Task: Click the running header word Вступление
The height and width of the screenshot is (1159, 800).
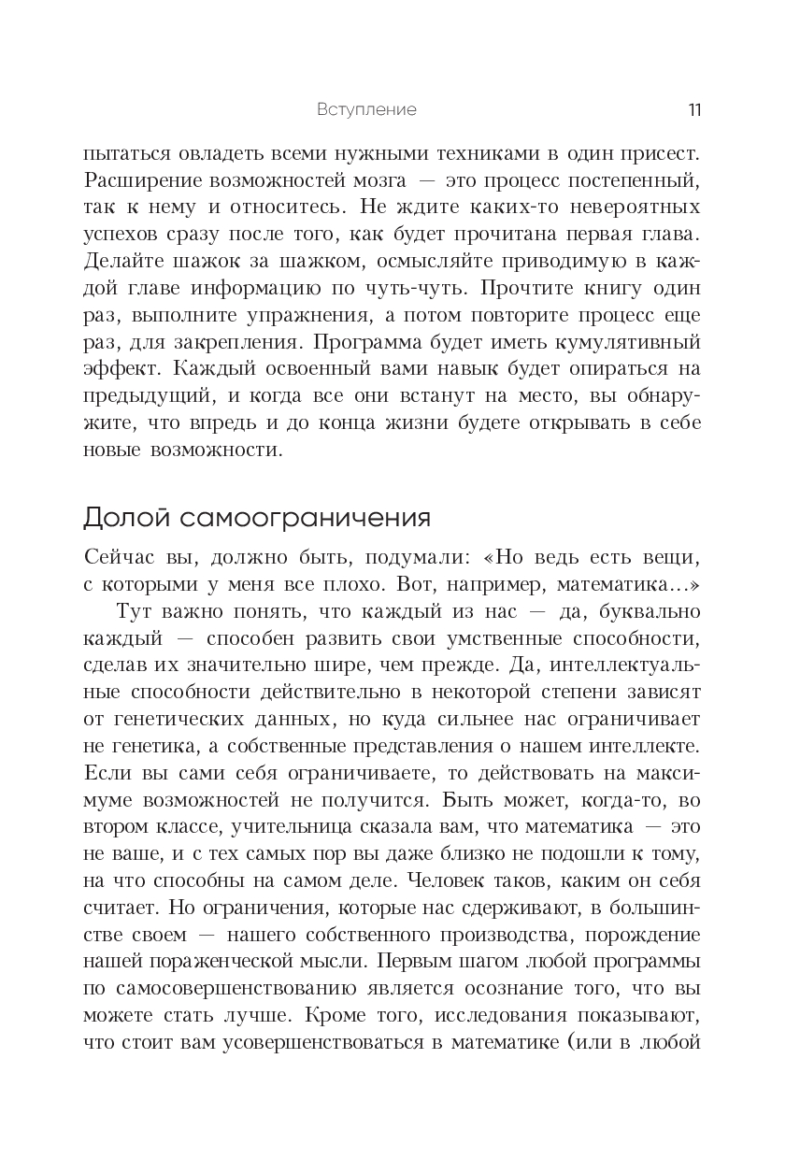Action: tap(366, 109)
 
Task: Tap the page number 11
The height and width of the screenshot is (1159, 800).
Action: tap(694, 109)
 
